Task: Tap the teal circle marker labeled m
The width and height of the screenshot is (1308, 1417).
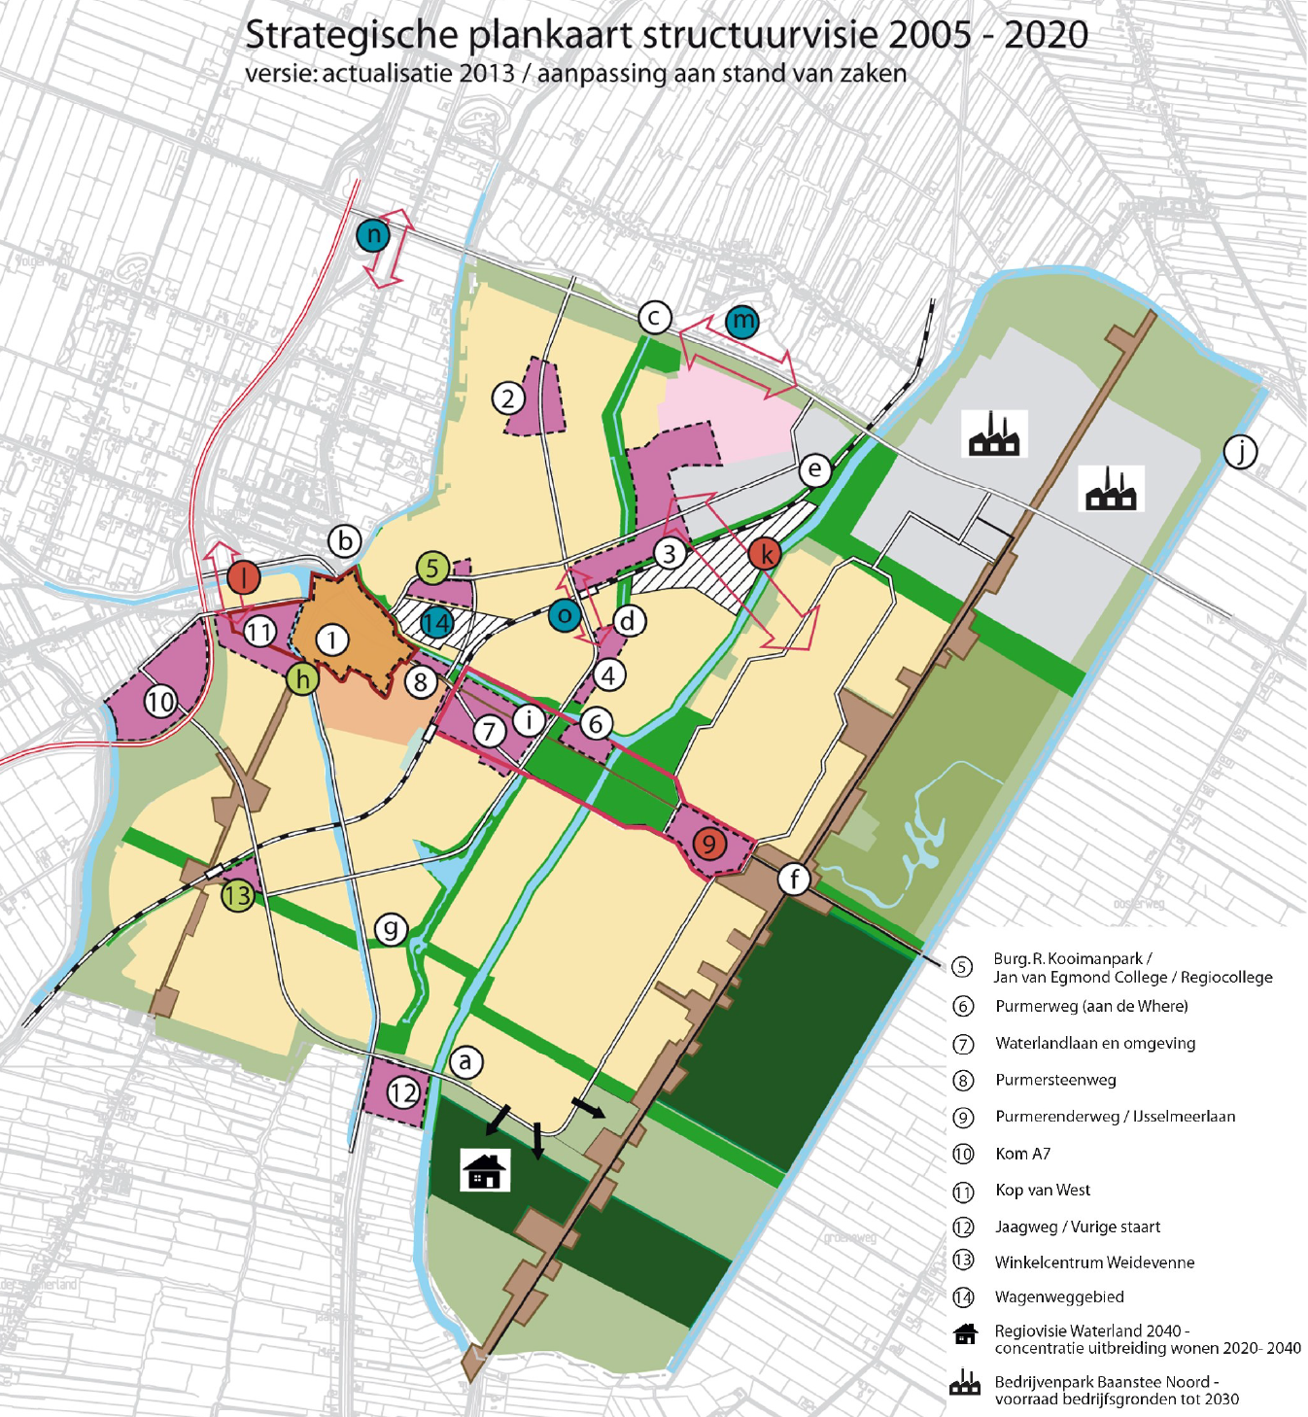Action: click(x=741, y=321)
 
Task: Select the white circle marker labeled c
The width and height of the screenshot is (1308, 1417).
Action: click(x=655, y=317)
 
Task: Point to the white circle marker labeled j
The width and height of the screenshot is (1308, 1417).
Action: click(x=1240, y=451)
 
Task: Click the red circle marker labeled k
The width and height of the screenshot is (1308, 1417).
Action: click(x=766, y=554)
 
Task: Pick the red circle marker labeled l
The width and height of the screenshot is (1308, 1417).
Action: click(x=244, y=577)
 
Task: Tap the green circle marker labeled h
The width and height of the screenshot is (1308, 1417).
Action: click(x=303, y=678)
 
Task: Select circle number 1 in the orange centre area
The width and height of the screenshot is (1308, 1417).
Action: click(x=332, y=639)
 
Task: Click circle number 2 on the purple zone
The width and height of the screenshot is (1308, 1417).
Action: click(x=508, y=397)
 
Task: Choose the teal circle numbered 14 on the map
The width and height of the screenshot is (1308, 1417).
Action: click(x=436, y=623)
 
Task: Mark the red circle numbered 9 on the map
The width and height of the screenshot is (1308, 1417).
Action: click(x=709, y=843)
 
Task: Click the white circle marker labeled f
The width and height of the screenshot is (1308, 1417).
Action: click(x=795, y=880)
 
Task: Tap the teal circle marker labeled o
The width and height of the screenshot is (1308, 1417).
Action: click(x=565, y=615)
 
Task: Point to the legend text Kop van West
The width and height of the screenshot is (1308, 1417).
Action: click(x=1042, y=1190)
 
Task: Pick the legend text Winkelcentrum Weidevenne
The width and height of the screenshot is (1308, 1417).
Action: click(x=1094, y=1262)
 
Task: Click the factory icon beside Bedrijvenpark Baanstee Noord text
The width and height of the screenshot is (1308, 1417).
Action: click(x=964, y=1384)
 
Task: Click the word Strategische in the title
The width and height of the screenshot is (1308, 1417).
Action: click(x=351, y=35)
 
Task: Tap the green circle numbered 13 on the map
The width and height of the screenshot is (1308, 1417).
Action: click(x=237, y=895)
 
